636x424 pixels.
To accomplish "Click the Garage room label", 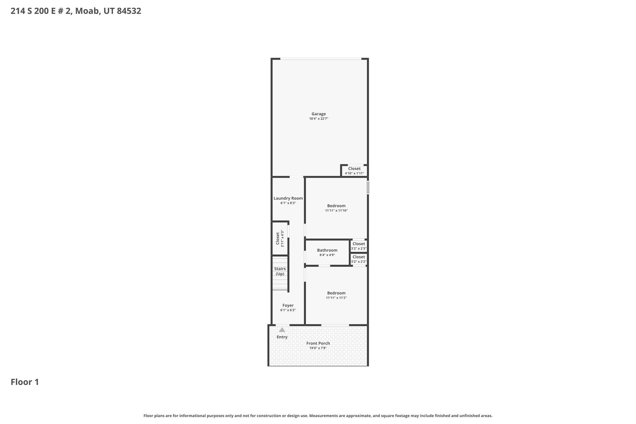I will tap(319, 114).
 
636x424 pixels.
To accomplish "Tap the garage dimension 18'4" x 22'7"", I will tap(319, 119).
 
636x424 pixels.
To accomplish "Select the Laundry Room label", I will tap(288, 198).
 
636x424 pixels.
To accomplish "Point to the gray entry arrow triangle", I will tap(282, 330).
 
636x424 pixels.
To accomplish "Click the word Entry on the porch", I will tap(282, 337).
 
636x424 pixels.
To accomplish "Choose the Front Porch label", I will tap(318, 343).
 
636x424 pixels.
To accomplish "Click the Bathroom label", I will tap(327, 250).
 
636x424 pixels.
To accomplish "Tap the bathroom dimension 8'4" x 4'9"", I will tap(327, 255).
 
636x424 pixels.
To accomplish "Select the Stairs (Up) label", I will tap(280, 271).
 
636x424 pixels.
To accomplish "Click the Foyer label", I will tap(288, 305).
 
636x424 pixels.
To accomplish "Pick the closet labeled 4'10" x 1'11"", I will tap(354, 171).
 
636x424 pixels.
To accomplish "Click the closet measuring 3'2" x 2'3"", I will tap(359, 246).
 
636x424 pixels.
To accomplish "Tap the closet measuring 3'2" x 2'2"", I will tap(359, 259).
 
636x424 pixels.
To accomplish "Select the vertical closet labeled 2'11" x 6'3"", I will tap(280, 238).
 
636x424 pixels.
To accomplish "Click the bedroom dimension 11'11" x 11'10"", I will tap(336, 211).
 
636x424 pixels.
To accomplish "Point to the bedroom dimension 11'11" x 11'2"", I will tap(336, 298).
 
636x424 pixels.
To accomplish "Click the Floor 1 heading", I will tap(25, 382).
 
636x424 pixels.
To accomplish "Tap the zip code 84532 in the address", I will tap(129, 11).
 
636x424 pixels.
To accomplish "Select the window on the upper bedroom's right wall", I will tap(368, 188).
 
